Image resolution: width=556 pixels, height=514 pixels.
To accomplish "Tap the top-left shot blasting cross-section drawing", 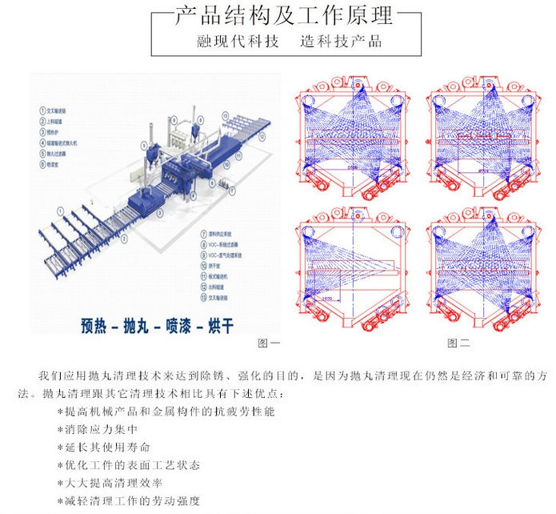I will coord(353,136).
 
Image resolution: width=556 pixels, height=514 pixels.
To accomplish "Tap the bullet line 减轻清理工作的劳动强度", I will coord(128,502).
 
